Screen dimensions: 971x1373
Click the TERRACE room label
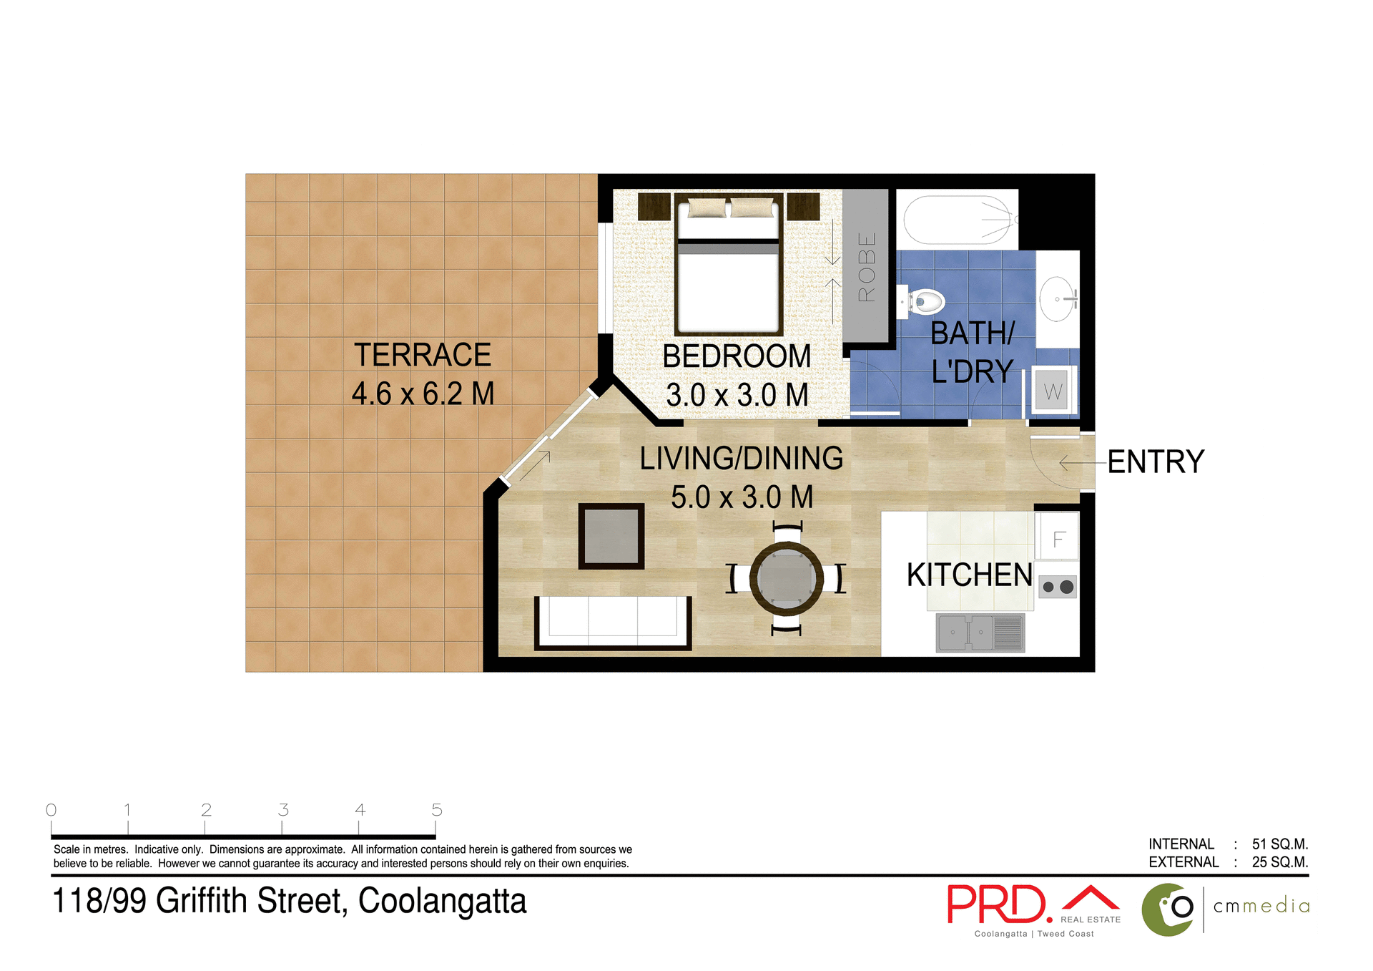point(423,355)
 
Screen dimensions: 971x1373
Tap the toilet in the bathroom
point(924,302)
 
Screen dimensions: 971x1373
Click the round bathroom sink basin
point(1056,299)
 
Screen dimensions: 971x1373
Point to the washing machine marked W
point(1052,391)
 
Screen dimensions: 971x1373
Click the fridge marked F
point(1059,538)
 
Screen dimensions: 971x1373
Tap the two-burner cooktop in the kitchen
point(1058,587)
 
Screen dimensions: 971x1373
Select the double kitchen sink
point(980,633)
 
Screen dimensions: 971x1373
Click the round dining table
point(786,578)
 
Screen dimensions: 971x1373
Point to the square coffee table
point(611,536)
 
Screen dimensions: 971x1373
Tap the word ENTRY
point(1156,462)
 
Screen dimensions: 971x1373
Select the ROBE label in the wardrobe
point(867,267)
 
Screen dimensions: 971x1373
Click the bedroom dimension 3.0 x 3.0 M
point(737,395)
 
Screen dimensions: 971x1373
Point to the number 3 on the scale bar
point(283,810)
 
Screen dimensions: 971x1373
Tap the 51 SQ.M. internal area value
point(1279,844)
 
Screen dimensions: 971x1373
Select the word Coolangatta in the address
point(442,901)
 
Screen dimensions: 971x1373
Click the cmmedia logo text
point(1261,906)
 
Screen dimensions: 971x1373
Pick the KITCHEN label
point(969,575)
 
